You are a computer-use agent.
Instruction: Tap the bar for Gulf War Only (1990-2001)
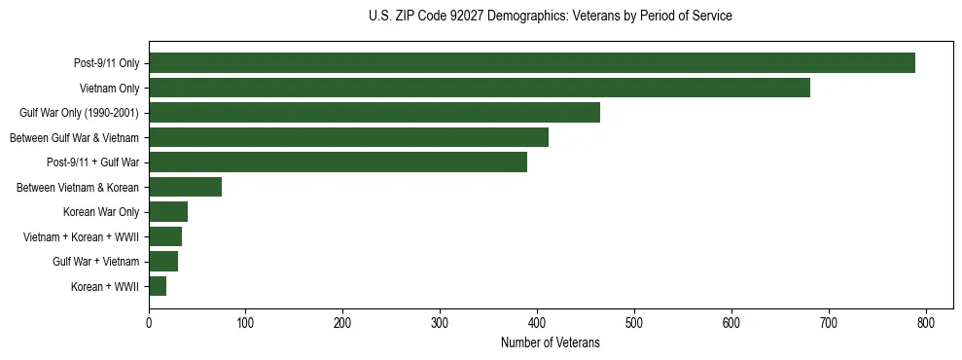pyautogui.click(x=374, y=113)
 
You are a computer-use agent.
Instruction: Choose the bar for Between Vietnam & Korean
pyautogui.click(x=185, y=187)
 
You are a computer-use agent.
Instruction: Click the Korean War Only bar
pyautogui.click(x=168, y=212)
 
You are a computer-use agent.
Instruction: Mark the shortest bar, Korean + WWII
pyautogui.click(x=158, y=286)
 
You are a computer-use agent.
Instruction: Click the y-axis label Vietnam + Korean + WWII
pyautogui.click(x=81, y=236)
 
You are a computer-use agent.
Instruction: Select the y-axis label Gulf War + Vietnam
pyautogui.click(x=95, y=262)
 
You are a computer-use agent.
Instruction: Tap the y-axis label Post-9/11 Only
pyautogui.click(x=106, y=64)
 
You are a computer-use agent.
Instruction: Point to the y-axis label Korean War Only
pyautogui.click(x=101, y=212)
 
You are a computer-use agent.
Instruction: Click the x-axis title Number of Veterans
pyautogui.click(x=550, y=343)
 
